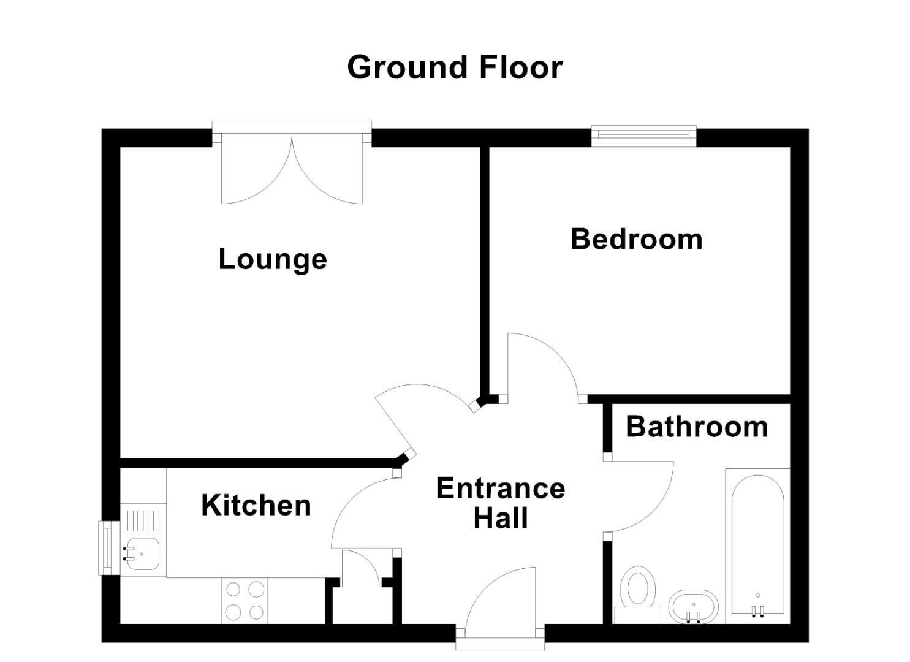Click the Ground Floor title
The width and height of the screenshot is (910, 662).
point(454,67)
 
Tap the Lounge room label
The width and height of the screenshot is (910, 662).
point(273,259)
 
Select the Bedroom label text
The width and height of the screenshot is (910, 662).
point(636,239)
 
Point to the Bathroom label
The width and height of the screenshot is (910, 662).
point(697,427)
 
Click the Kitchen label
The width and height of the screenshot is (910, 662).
point(256,506)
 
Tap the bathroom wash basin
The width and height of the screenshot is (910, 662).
point(693,606)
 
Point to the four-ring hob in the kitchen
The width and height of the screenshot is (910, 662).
point(245,600)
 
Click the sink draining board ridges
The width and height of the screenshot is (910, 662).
point(144,521)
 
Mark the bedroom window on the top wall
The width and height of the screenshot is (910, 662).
point(643,135)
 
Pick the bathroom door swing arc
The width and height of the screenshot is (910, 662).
point(640,496)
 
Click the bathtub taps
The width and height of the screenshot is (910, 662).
point(758,610)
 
